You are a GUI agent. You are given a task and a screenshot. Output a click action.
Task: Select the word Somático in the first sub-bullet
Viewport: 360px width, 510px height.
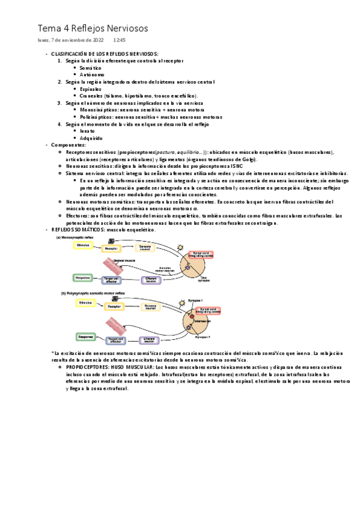[x=90, y=68]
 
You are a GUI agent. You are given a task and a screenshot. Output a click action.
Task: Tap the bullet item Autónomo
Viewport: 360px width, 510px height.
[x=91, y=75]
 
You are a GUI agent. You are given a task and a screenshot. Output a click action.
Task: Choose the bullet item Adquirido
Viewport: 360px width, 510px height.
[x=91, y=138]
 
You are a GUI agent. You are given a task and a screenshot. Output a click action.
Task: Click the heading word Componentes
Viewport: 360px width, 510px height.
[x=68, y=145]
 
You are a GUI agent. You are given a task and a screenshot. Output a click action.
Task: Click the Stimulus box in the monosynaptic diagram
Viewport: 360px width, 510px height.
[x=84, y=245]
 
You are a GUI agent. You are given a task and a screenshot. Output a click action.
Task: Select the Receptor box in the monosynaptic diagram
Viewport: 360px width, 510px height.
[x=111, y=248]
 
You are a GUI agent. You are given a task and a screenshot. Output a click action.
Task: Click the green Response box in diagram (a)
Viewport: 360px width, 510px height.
[x=82, y=277]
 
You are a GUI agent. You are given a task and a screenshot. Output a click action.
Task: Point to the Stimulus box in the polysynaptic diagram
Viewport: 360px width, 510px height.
[x=87, y=303]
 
